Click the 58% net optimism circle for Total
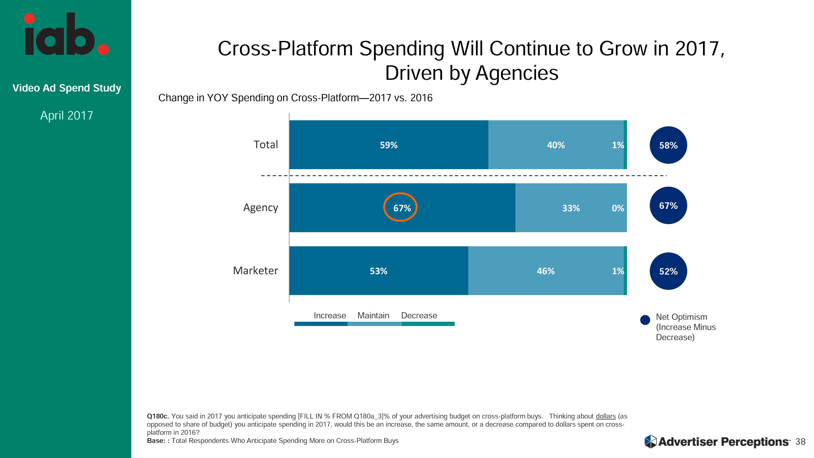[x=668, y=145]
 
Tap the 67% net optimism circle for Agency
[x=668, y=205]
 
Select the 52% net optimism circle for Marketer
[x=668, y=271]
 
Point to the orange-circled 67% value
[x=400, y=207]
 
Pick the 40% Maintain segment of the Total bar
[x=556, y=145]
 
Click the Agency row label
[x=260, y=207]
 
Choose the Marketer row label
[x=255, y=271]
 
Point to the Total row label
[x=266, y=145]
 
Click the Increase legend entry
[x=330, y=316]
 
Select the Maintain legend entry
[x=373, y=316]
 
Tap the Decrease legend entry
[x=419, y=316]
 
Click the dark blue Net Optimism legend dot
[x=645, y=320]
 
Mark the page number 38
[x=800, y=442]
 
